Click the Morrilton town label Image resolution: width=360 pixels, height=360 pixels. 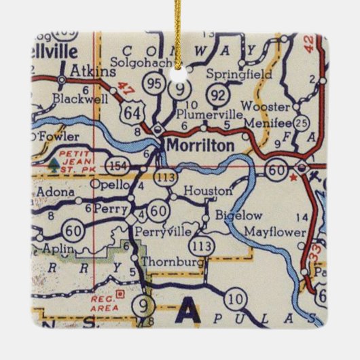pos(201,145)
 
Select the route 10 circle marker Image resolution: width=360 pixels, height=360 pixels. pos(236,298)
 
